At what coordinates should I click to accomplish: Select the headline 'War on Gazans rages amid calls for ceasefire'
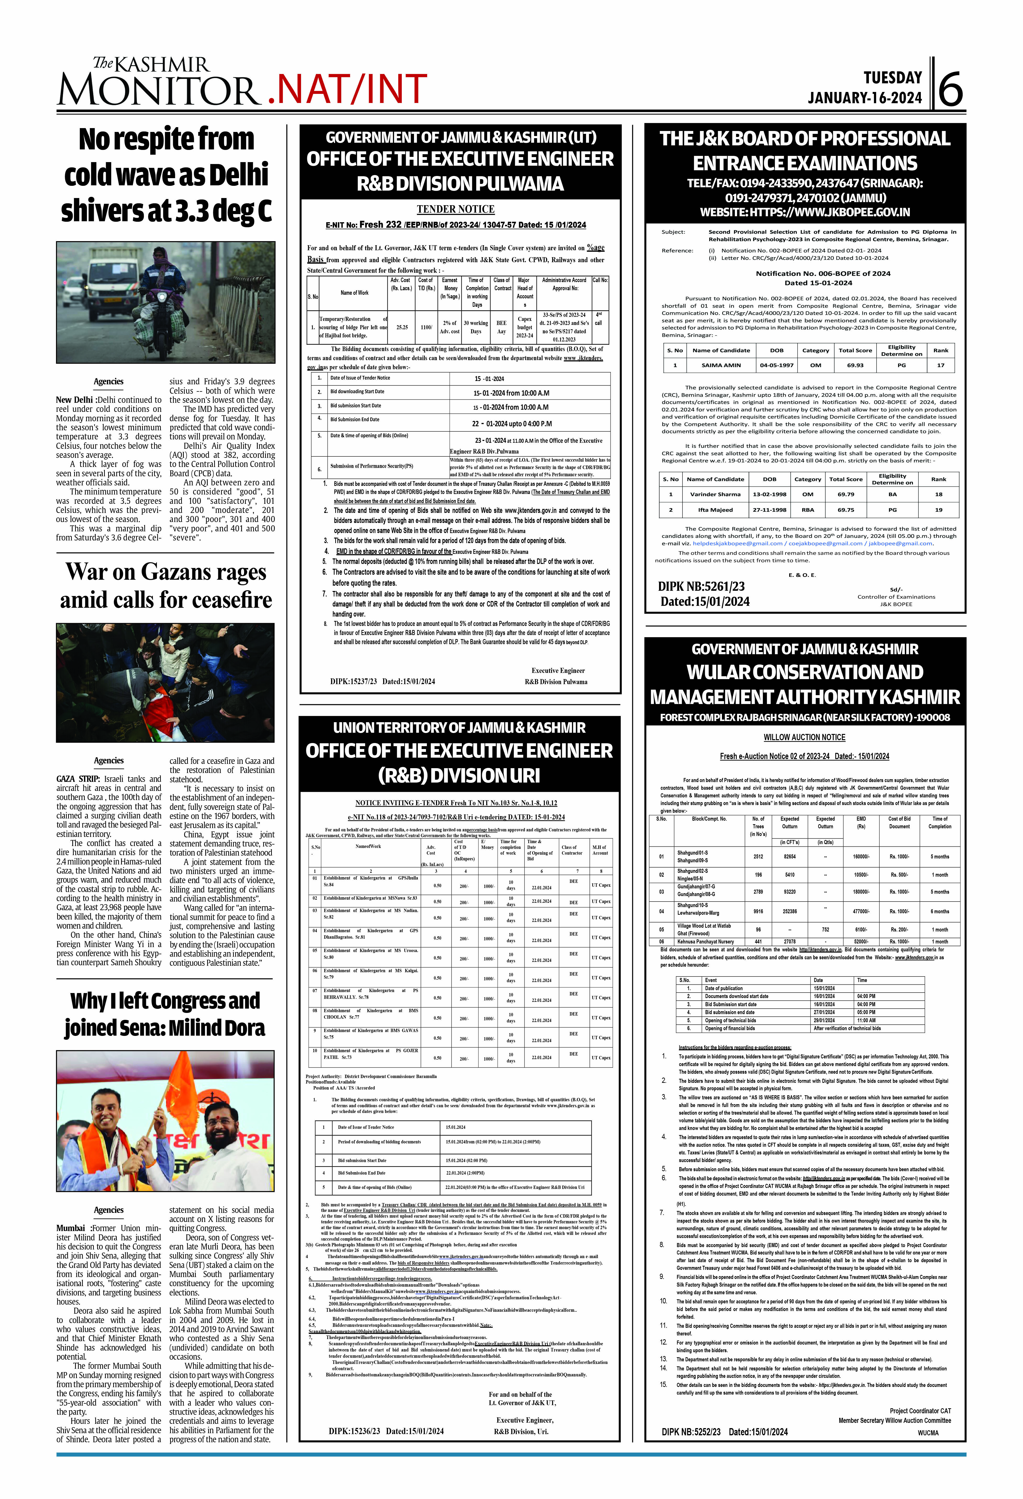pos(166,586)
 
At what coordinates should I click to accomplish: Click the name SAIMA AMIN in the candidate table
pos(721,365)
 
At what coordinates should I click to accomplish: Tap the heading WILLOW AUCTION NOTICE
pos(804,737)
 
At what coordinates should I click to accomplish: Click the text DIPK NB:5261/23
pos(701,586)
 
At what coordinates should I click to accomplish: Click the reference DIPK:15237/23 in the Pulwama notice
pos(353,681)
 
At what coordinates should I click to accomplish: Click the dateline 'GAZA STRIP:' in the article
pos(79,778)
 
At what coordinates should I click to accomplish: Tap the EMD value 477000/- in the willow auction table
pos(861,911)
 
